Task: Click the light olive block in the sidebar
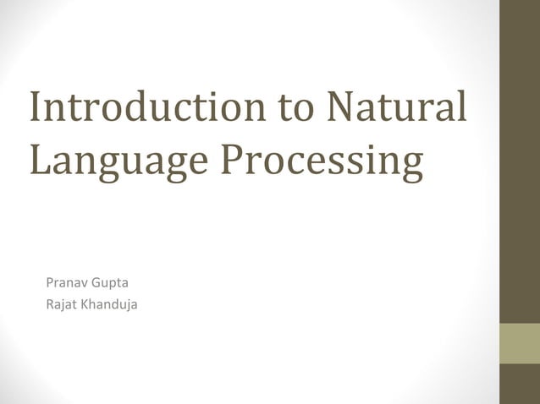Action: tap(520, 343)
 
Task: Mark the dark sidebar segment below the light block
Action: tap(520, 384)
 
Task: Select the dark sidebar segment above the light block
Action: tap(520, 161)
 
